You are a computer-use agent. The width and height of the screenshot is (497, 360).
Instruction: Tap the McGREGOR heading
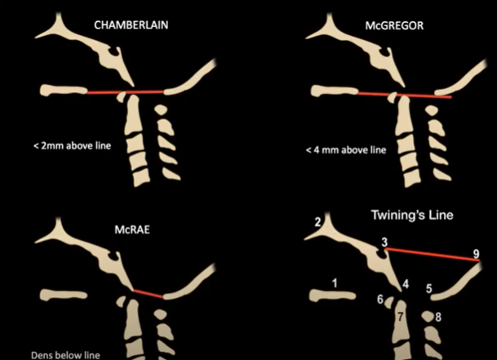(x=393, y=25)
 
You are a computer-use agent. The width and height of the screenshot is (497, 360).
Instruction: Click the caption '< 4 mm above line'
(x=345, y=150)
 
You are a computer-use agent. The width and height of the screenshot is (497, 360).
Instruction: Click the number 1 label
(x=334, y=282)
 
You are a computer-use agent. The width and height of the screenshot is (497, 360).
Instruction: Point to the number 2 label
(x=318, y=222)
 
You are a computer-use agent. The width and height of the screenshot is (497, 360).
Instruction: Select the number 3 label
(x=384, y=242)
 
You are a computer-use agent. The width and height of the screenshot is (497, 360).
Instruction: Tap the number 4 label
(x=405, y=283)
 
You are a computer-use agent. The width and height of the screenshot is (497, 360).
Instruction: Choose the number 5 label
(x=429, y=288)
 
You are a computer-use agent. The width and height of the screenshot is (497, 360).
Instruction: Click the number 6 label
(x=380, y=300)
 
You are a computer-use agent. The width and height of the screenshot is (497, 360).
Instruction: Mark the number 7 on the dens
(x=400, y=315)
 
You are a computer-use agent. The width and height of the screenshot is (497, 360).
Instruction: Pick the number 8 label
(x=438, y=316)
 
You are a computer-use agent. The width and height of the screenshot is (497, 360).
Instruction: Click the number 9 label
(x=477, y=255)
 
